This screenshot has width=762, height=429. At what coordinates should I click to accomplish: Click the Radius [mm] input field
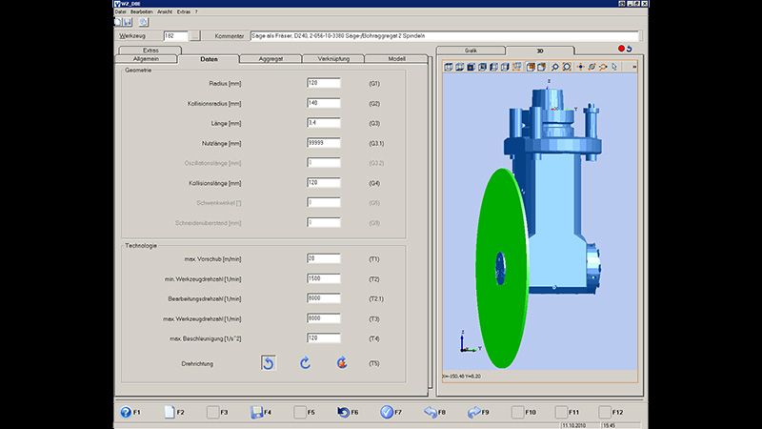pos(324,83)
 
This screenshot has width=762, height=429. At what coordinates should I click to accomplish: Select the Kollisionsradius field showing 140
pos(324,103)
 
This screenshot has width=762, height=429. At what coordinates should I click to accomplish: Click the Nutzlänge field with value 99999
pos(324,143)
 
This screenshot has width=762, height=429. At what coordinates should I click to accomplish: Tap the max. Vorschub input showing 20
pos(324,258)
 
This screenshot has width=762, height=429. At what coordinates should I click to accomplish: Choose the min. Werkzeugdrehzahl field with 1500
pos(324,278)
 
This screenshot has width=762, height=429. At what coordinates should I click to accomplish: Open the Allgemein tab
pos(145,59)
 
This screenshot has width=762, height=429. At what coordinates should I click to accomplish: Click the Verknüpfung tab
pos(332,59)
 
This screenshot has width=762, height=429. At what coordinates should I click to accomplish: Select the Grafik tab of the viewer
pos(471,50)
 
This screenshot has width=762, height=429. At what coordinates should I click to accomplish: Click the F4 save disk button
pos(254,412)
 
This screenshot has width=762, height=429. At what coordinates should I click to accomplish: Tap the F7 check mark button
pos(387,412)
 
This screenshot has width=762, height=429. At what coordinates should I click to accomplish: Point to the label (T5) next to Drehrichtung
pos(374,363)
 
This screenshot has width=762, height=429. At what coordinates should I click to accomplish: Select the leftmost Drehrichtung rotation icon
pos(269,362)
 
